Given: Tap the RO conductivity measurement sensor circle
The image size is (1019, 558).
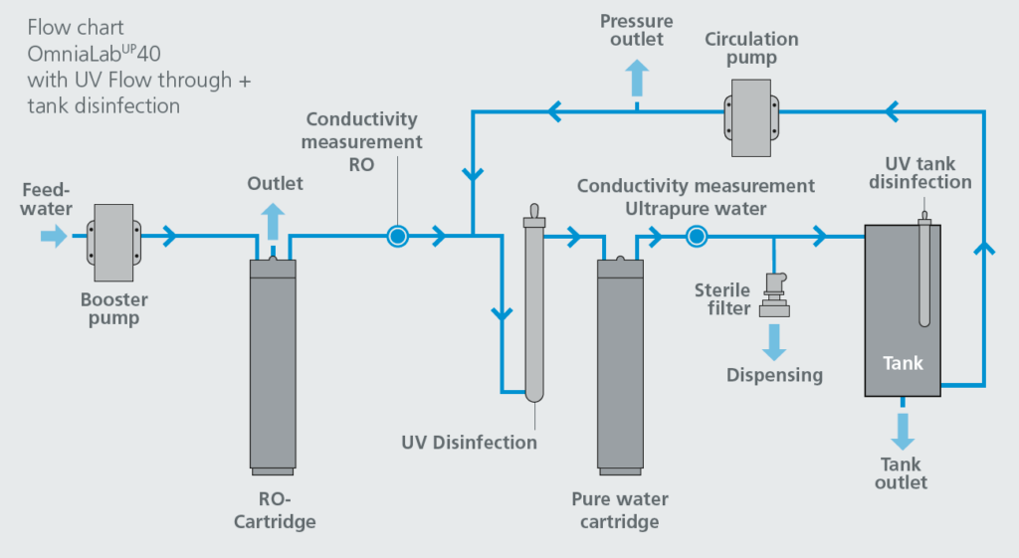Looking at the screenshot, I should point(397,236).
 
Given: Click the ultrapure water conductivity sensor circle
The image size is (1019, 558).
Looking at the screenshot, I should point(696,236).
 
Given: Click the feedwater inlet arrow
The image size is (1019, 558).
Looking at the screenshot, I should point(52,236).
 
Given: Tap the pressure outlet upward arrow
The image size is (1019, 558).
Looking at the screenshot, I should point(637,77).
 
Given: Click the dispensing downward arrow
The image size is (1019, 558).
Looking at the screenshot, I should point(774,340).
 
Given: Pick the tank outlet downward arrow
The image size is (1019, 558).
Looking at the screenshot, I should point(903,430).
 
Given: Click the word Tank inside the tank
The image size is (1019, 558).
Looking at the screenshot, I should point(903,363).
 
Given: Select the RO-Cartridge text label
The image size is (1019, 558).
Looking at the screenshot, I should point(273,510).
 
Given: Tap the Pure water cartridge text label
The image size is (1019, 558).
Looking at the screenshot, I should point(619,510).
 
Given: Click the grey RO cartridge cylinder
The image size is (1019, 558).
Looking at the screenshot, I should point(273,363).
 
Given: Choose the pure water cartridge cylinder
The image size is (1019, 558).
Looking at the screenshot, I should point(620,363).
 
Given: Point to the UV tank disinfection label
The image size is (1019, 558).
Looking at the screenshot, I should point(919,172).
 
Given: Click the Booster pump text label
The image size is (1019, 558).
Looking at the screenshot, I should point(113,308).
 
